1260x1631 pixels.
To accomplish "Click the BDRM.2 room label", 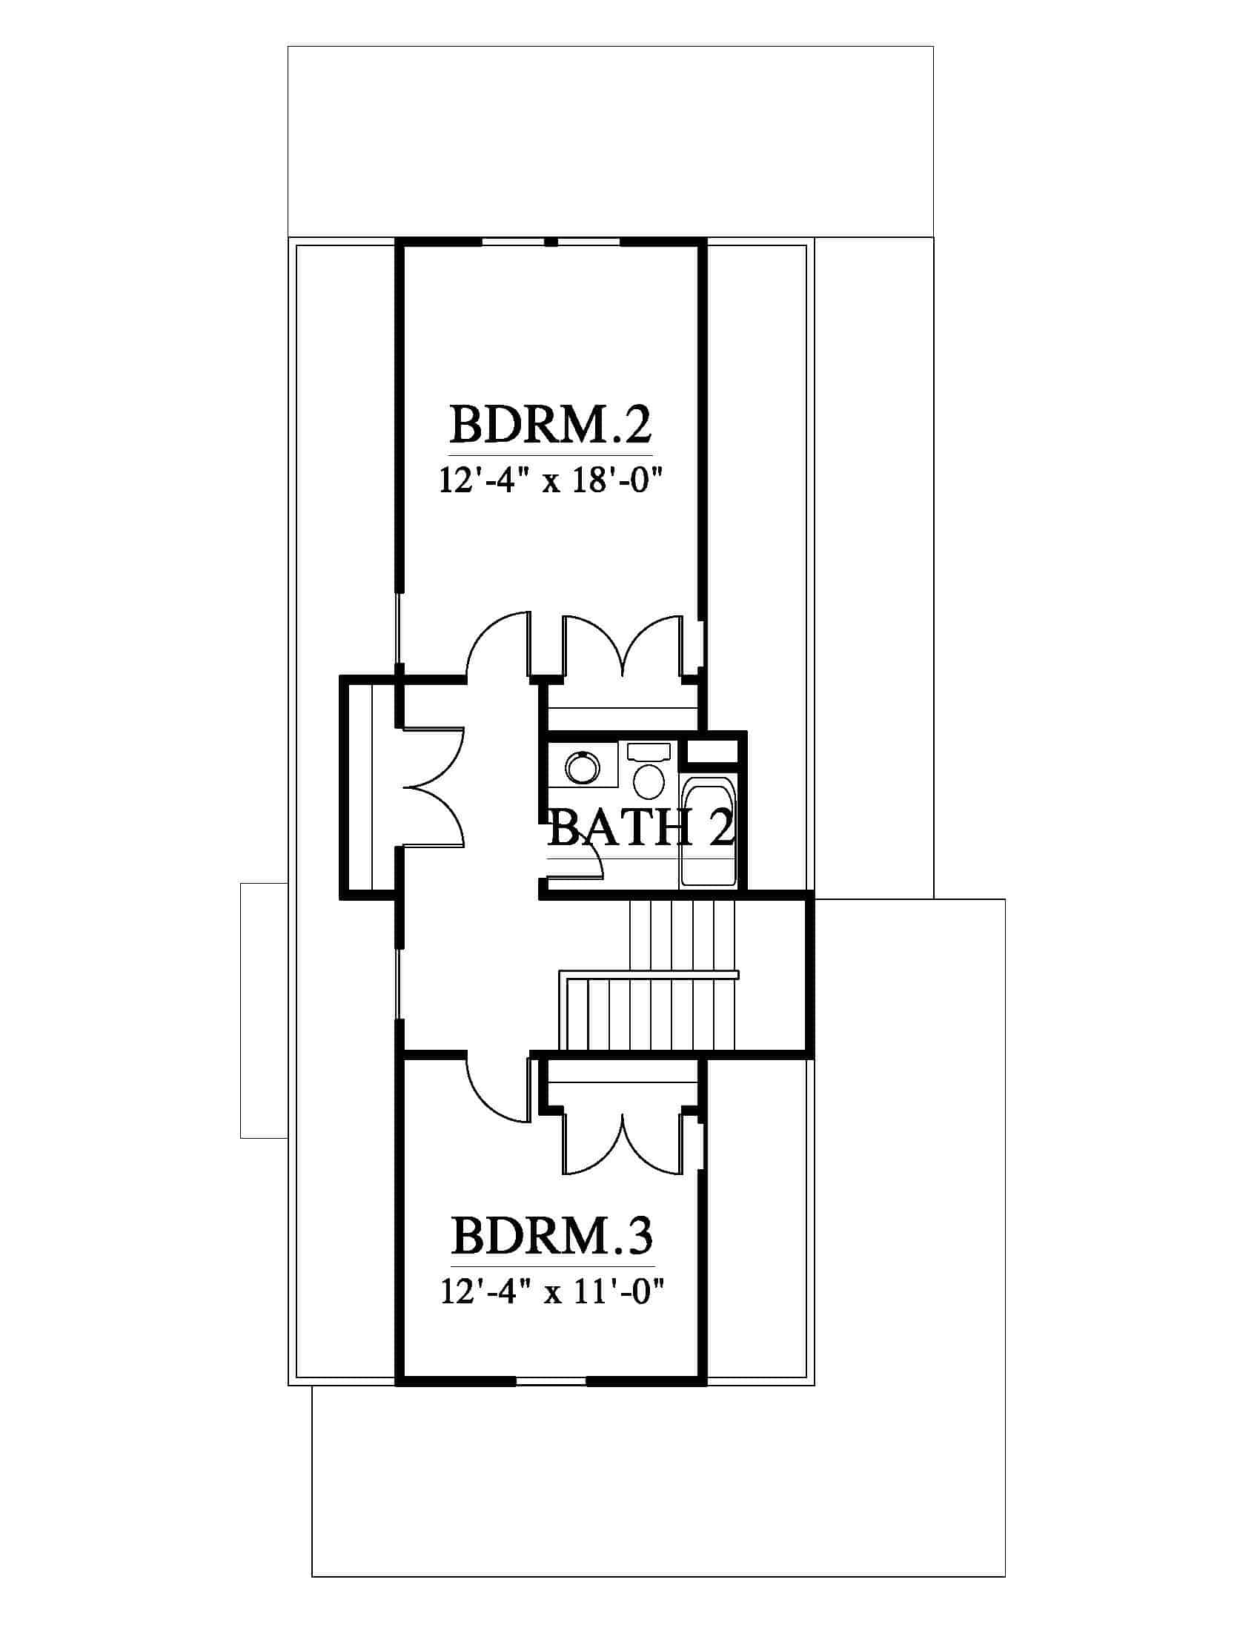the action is tap(551, 426).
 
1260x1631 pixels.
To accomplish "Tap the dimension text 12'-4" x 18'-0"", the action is tap(551, 482).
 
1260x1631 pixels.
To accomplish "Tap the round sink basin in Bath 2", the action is tap(583, 767).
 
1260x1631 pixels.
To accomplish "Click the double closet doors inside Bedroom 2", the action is tap(623, 646).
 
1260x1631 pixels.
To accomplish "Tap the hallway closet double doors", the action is tap(434, 787).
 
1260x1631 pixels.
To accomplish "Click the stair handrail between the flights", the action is tap(649, 974).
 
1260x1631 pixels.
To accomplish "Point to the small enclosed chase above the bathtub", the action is tap(712, 750).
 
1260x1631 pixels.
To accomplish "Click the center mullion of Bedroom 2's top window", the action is tap(551, 242).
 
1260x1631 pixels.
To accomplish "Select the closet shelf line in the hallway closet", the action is tap(371, 787).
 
